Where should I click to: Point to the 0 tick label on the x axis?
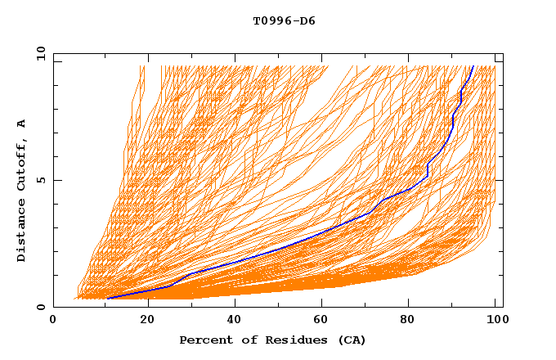tap(53, 321)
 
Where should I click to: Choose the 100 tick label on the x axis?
tap(495, 321)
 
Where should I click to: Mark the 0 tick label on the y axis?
tap(40, 308)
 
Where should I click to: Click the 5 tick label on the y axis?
tap(40, 180)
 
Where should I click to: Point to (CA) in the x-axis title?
tap(350, 340)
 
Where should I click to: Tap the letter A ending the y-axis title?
tap(22, 124)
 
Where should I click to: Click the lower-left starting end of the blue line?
tap(108, 298)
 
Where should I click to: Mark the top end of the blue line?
tap(473, 65)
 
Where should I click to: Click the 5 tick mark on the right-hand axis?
tap(500, 180)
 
